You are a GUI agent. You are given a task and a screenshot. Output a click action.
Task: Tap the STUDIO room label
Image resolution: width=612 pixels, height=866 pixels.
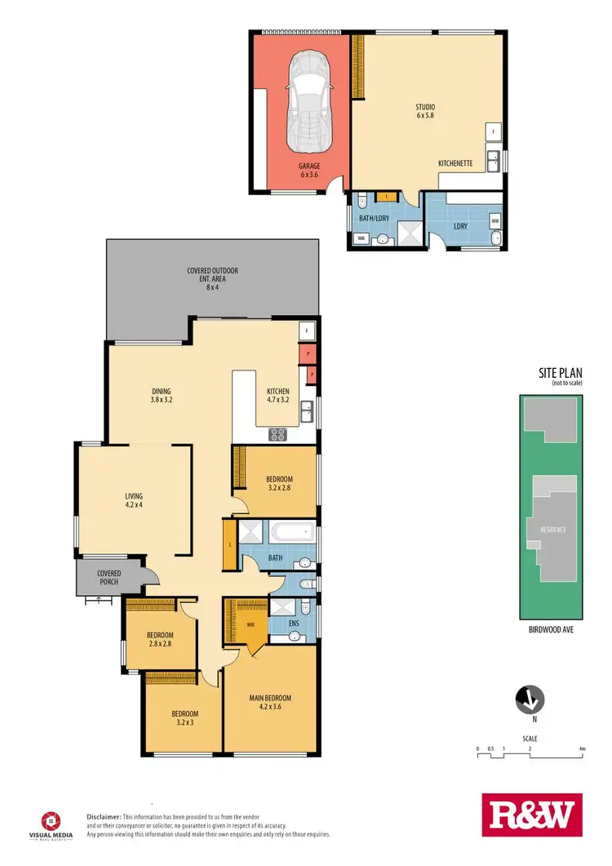click(424, 111)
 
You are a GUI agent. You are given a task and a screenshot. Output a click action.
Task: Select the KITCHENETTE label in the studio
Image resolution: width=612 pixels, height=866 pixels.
click(455, 164)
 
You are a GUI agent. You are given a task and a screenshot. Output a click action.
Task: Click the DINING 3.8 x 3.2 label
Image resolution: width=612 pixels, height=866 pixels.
click(161, 395)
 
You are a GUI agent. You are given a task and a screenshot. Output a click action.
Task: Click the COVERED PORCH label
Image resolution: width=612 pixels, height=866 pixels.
click(109, 577)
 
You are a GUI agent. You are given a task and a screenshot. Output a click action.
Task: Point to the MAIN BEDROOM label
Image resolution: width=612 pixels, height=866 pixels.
click(270, 703)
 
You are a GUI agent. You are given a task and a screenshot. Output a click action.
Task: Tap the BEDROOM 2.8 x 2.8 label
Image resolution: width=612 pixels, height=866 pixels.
click(160, 638)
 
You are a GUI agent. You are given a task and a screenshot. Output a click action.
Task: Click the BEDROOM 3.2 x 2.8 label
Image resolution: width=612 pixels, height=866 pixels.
click(279, 483)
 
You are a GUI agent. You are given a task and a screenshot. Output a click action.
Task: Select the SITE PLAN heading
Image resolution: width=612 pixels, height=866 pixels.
click(559, 372)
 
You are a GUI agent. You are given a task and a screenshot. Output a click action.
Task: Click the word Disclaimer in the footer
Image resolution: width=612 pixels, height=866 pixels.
click(104, 816)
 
